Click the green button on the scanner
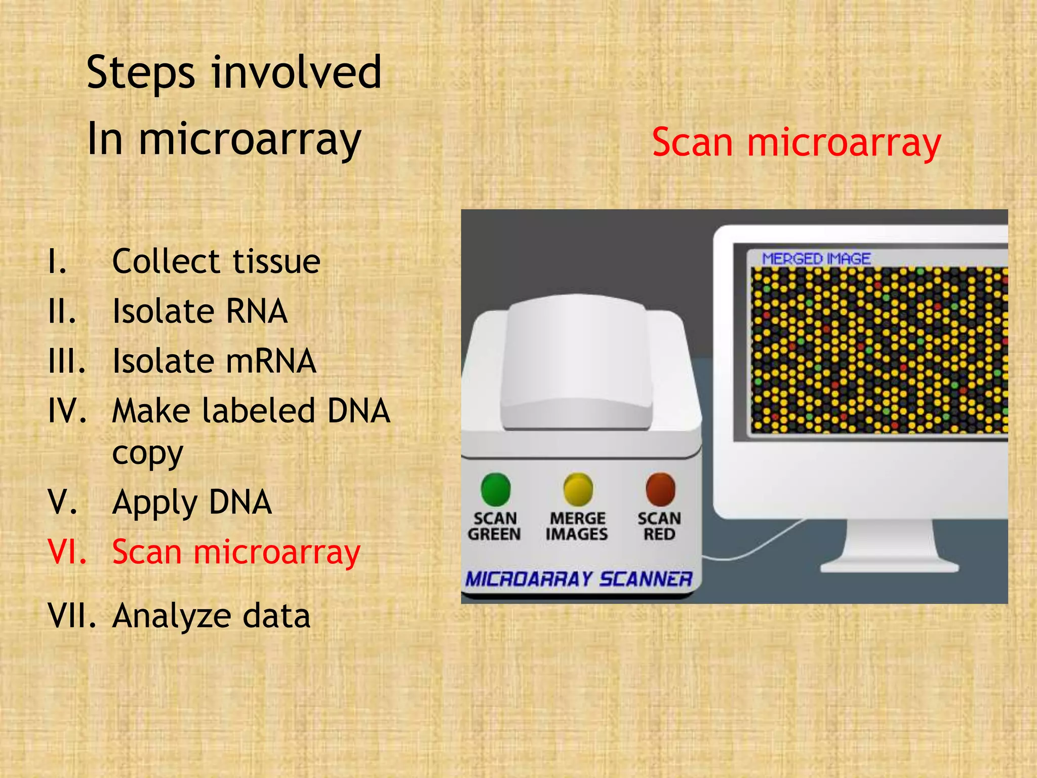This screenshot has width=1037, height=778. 495,489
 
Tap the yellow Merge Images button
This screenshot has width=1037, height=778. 578,489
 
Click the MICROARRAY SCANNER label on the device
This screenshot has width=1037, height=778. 578,579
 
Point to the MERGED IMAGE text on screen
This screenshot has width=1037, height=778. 816,259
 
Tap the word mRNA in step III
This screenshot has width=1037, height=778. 270,361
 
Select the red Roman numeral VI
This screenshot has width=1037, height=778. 67,552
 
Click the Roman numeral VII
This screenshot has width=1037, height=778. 71,616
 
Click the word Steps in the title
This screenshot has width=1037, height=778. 140,73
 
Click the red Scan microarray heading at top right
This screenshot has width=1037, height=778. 795,143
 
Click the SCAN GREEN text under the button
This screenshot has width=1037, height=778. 494,526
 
